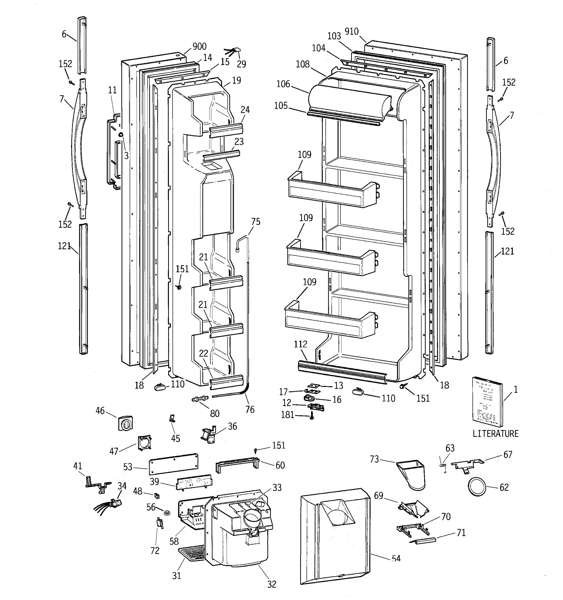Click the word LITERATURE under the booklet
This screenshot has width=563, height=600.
[x=495, y=434]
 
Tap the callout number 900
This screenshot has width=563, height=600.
[x=199, y=47]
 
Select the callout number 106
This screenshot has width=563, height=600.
[x=283, y=84]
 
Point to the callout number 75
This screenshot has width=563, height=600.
[x=255, y=222]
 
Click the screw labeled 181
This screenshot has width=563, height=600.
[x=312, y=417]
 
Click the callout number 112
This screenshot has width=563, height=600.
[x=300, y=344]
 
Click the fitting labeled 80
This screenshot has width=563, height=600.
[x=200, y=399]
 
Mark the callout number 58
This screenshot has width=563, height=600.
[x=174, y=541]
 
